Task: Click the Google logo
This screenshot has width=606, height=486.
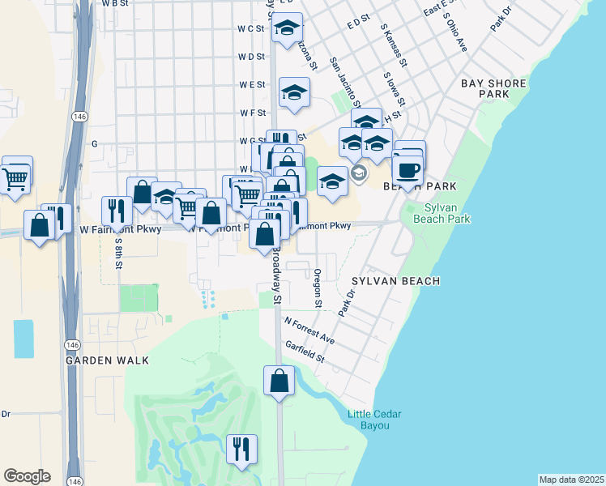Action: (x=27, y=475)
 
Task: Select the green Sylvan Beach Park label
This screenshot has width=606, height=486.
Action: (x=441, y=212)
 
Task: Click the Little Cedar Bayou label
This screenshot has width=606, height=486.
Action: (x=374, y=420)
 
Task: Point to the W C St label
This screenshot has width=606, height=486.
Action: (x=251, y=28)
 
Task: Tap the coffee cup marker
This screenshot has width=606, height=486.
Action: (x=408, y=170)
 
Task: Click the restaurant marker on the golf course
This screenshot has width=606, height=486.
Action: (x=241, y=450)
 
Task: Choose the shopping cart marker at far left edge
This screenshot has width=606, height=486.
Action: (x=16, y=177)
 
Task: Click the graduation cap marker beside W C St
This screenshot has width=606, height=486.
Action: (x=287, y=28)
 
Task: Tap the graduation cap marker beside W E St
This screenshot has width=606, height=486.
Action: (x=295, y=93)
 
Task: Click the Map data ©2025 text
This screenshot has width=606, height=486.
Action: (x=571, y=480)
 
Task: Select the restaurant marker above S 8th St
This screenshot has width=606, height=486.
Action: (x=117, y=211)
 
